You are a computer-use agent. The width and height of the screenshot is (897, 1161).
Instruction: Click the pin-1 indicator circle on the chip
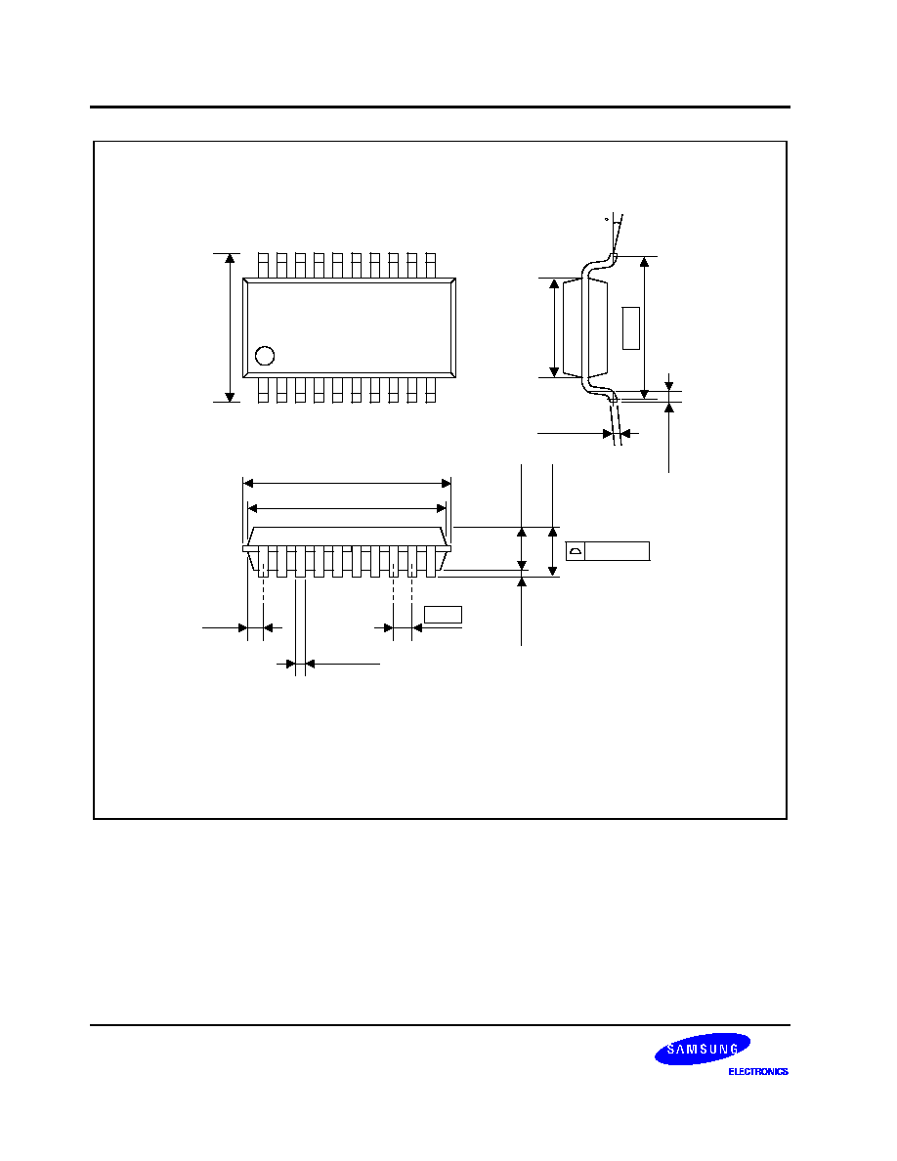[x=265, y=356]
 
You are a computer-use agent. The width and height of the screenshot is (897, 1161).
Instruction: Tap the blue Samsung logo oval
[x=703, y=1049]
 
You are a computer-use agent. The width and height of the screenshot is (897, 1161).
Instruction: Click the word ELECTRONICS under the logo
[x=758, y=1071]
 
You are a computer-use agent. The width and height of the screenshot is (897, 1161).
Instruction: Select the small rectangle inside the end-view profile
[x=630, y=328]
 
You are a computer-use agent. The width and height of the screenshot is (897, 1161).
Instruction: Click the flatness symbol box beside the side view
[x=576, y=551]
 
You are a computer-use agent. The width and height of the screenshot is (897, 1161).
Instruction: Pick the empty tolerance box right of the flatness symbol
[x=618, y=551]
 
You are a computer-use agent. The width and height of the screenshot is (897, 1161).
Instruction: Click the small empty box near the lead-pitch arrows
[x=443, y=615]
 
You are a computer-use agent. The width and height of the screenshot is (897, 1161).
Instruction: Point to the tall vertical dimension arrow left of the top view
[x=230, y=327]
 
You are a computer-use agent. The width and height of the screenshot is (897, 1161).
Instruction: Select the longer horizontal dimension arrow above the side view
[x=347, y=484]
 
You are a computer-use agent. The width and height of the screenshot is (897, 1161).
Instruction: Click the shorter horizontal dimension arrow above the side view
[x=347, y=509]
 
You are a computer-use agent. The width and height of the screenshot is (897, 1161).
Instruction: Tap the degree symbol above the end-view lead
[x=606, y=220]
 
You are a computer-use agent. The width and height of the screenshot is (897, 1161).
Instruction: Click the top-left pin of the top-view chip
[x=263, y=266]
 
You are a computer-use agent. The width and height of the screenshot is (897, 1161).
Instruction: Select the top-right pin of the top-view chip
[x=431, y=266]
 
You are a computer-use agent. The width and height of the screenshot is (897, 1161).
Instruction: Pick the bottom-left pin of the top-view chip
[x=263, y=390]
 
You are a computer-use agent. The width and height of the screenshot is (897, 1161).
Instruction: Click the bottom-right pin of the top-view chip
[x=431, y=390]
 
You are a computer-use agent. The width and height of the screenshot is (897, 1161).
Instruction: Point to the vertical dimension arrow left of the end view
[x=554, y=328]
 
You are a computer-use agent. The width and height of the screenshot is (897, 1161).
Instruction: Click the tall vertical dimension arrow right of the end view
[x=645, y=328]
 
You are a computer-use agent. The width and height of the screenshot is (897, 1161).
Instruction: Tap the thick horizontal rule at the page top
[x=441, y=107]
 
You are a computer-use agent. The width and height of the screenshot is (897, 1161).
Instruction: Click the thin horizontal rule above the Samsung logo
[x=441, y=1025]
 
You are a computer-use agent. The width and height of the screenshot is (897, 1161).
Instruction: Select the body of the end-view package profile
[x=585, y=328]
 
